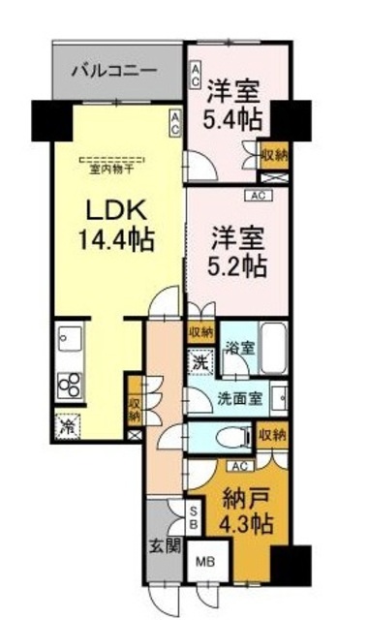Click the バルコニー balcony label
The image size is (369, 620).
coord(115,71)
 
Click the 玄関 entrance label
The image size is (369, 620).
coord(166,544)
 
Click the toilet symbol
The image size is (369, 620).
coord(222,435)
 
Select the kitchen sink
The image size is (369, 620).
coord(70,340)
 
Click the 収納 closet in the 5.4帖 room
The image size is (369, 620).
coord(272,154)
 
